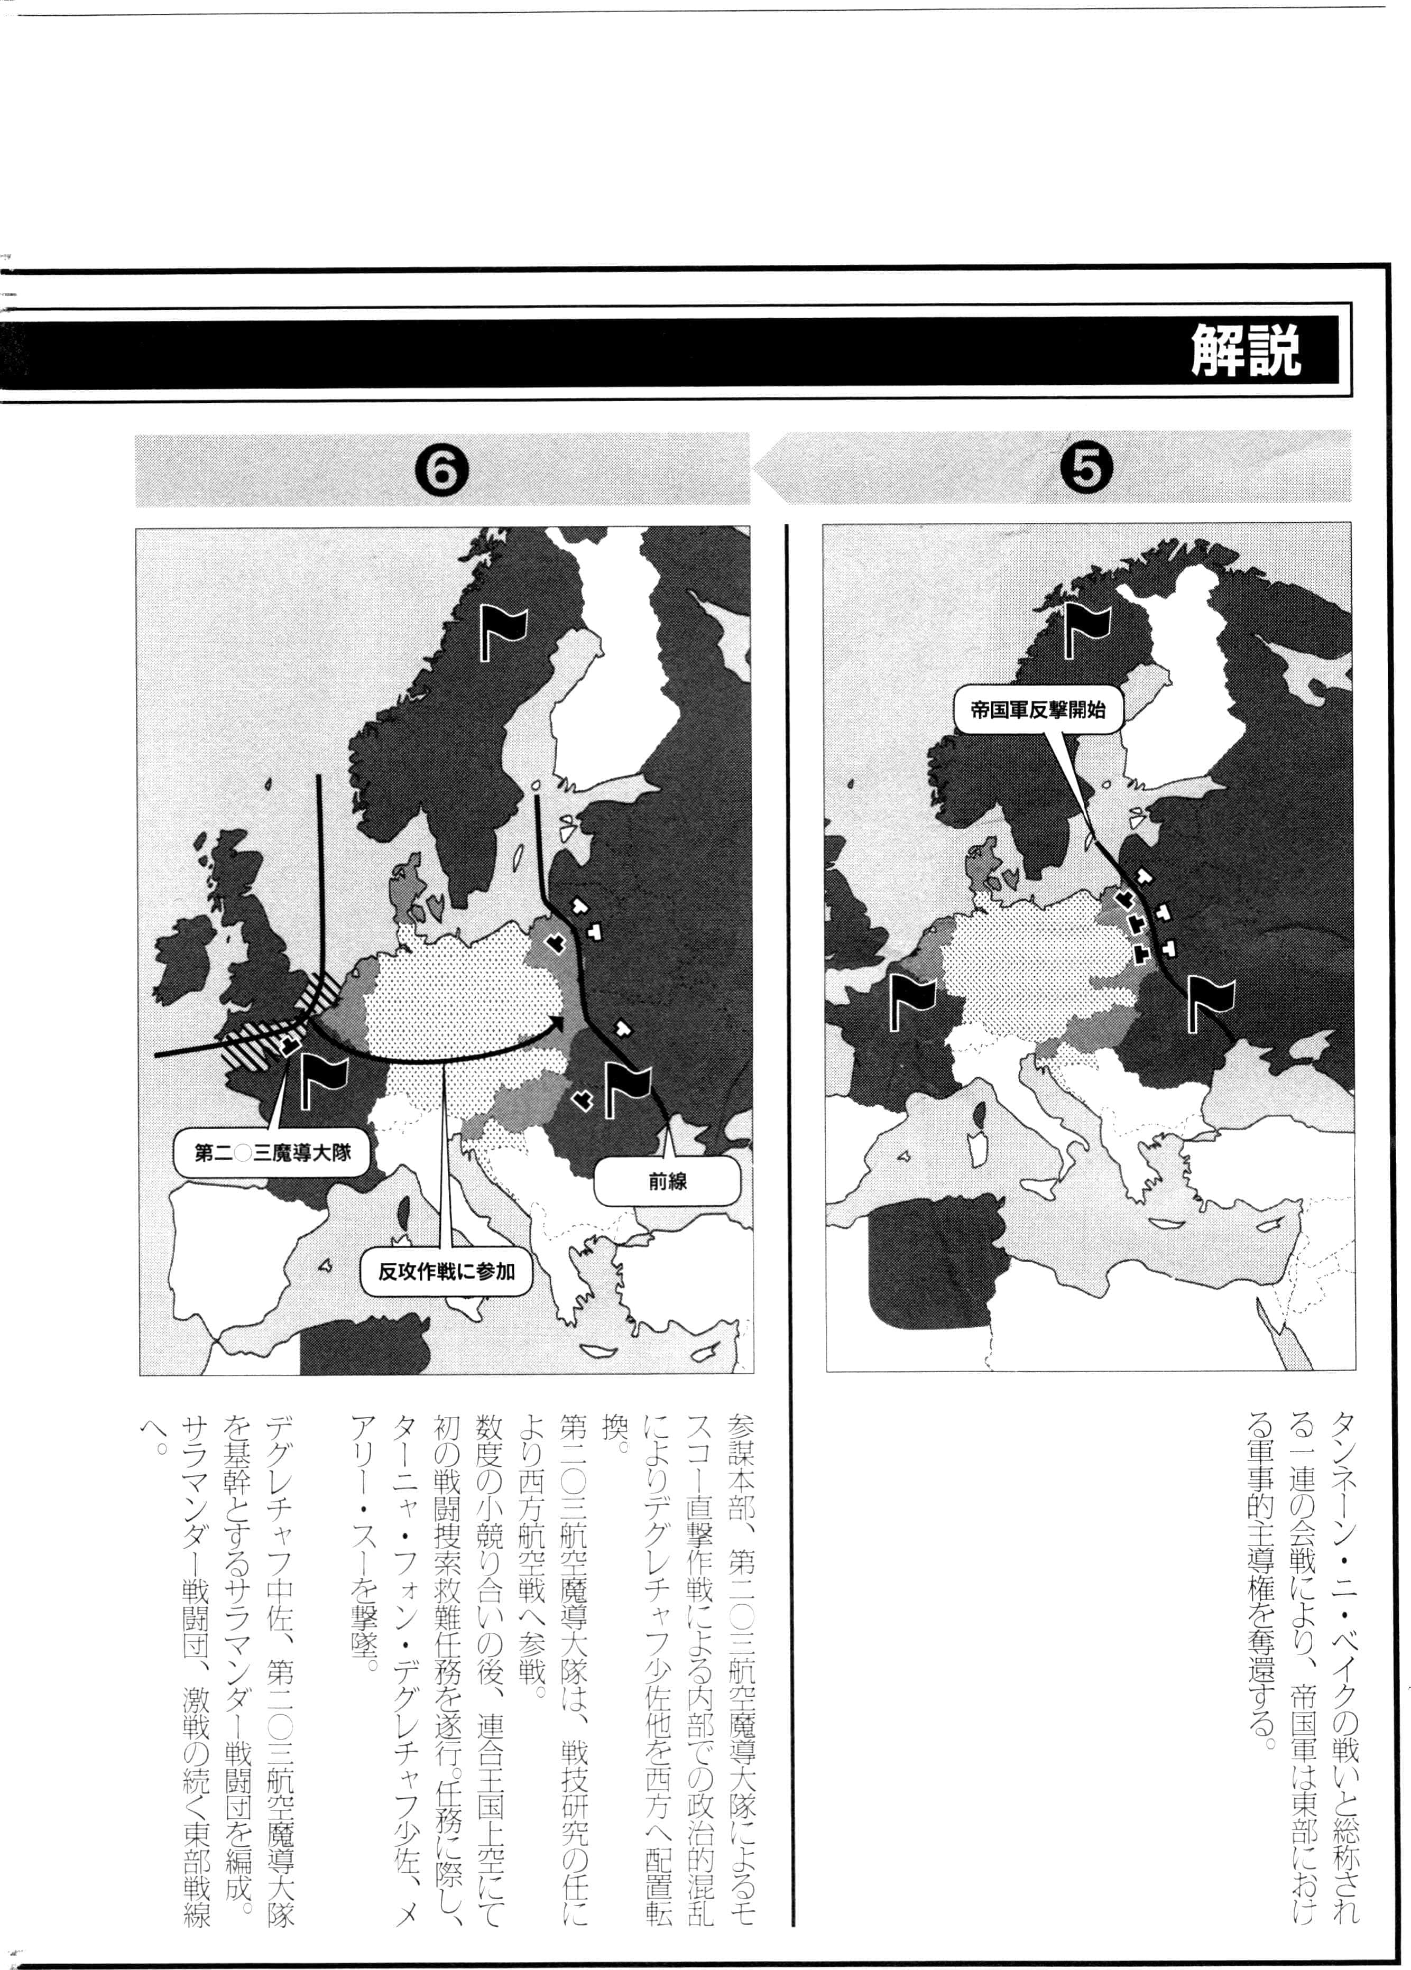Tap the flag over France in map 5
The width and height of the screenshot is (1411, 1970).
pos(910,1002)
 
